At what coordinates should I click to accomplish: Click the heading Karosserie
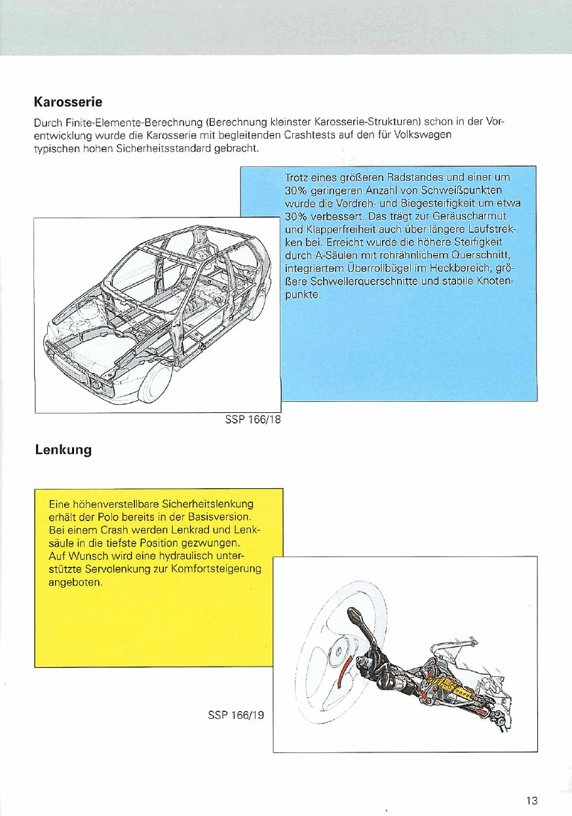[69, 103]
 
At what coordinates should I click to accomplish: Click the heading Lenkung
[63, 450]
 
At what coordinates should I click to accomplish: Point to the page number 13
[531, 800]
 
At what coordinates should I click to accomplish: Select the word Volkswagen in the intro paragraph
[425, 136]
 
